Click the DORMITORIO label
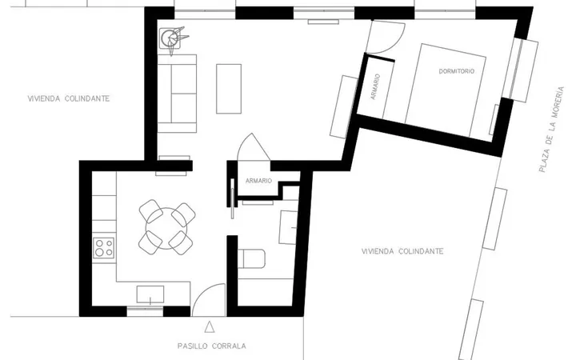click(x=457, y=71)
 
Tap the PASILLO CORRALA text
click(x=211, y=346)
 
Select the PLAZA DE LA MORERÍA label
click(x=550, y=130)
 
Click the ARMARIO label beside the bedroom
click(x=375, y=86)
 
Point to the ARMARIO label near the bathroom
click(x=258, y=181)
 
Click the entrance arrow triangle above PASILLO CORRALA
click(x=210, y=327)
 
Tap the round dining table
click(x=166, y=228)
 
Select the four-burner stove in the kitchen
click(x=103, y=247)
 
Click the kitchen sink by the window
click(x=150, y=294)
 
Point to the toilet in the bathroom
click(x=252, y=259)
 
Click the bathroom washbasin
click(x=288, y=227)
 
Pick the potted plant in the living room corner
click(x=173, y=38)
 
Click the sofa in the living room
click(x=177, y=94)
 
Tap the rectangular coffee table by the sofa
click(x=229, y=89)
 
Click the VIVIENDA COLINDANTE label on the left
click(x=69, y=98)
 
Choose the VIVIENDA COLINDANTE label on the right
click(x=402, y=251)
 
